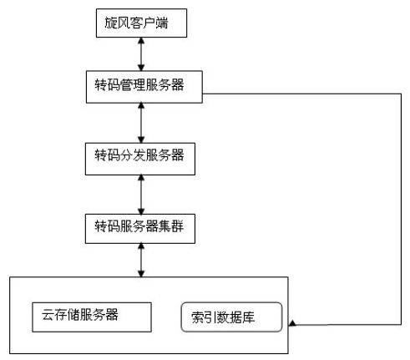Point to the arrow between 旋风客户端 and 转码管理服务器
[x=141, y=54]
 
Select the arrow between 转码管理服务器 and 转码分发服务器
[x=141, y=123]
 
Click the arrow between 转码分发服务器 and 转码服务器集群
[x=141, y=195]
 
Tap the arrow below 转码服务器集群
[x=141, y=260]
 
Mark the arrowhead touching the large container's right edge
[x=292, y=323]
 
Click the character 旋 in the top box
[x=111, y=23]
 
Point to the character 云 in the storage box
[x=48, y=315]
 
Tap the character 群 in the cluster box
[x=178, y=226]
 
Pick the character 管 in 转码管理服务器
[x=126, y=84]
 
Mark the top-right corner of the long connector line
[x=401, y=94]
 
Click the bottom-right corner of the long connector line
[x=401, y=324]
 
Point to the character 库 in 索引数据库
[x=248, y=317]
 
